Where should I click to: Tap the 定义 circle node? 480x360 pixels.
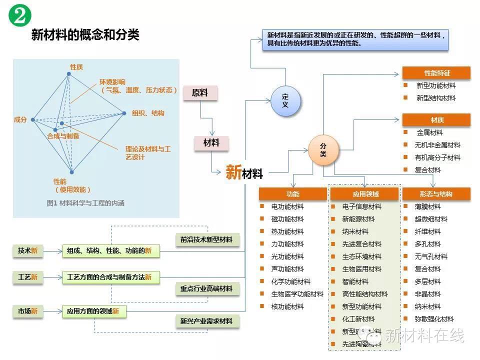285,100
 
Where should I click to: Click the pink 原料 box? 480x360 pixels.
199,93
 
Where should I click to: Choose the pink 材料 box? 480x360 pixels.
211,143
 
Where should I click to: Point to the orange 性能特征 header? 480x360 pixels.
436,73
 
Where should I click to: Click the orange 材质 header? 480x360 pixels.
436,120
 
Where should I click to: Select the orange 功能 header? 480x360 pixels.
293,194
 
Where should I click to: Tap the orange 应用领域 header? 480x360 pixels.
365,194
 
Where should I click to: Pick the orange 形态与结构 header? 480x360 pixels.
436,194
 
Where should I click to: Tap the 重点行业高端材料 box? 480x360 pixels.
206,288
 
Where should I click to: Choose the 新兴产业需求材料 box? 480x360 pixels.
206,321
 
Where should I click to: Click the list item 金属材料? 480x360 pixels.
429,132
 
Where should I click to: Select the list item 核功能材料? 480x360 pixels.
287,306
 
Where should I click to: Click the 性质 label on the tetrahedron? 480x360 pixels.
76,67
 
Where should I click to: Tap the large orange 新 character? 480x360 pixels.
233,172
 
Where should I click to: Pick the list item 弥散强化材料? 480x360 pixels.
434,319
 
